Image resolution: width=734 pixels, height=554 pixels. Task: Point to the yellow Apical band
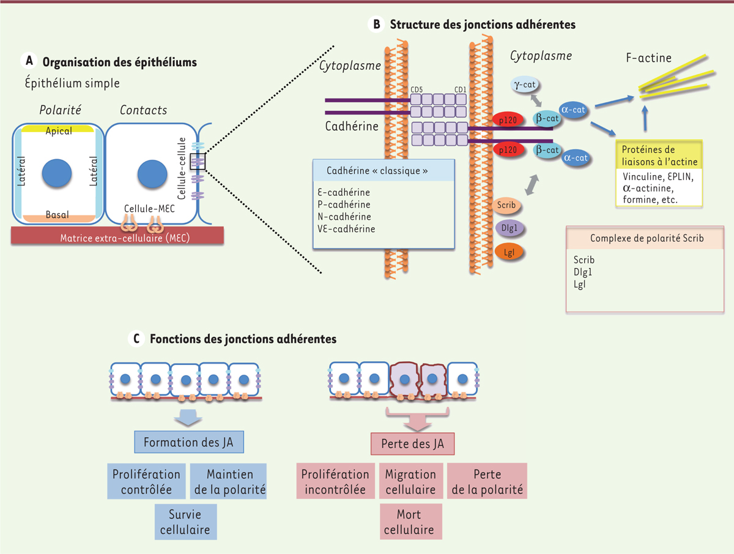58,130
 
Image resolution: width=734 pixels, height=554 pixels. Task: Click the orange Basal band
58,215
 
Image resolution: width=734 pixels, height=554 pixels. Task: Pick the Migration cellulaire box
410,482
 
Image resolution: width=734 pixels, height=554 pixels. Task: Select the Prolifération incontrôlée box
336,482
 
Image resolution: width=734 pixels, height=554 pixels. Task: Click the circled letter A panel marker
28,61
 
